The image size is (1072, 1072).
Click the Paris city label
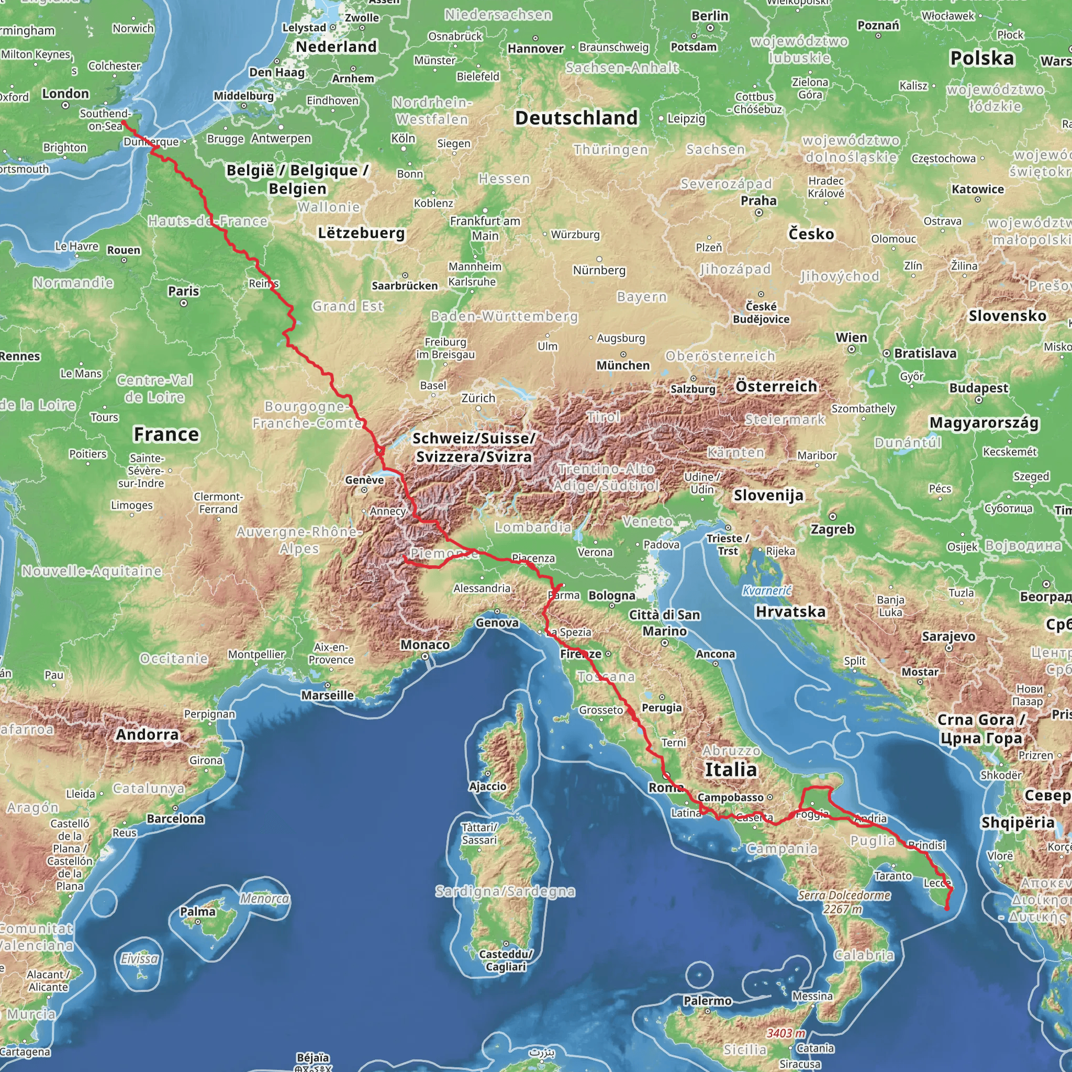click(x=183, y=291)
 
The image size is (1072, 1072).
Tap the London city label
click(x=65, y=93)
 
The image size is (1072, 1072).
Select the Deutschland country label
click(x=576, y=118)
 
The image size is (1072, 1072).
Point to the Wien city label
click(x=851, y=338)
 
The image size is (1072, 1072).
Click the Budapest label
click(x=978, y=388)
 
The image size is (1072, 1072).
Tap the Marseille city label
click(x=327, y=695)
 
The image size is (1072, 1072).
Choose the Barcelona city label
click(x=175, y=819)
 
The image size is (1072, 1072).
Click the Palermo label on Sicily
click(x=708, y=1000)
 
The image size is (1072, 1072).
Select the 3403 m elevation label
click(x=785, y=1033)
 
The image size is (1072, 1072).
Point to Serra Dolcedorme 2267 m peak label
click(x=844, y=902)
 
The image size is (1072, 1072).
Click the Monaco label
click(x=425, y=644)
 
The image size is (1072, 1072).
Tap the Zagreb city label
click(x=832, y=529)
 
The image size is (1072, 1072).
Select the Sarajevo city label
click(x=948, y=636)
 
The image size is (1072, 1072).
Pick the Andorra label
click(x=147, y=734)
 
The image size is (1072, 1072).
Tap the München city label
click(x=622, y=365)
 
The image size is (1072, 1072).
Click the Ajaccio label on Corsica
click(x=487, y=786)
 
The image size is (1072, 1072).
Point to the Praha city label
click(x=758, y=200)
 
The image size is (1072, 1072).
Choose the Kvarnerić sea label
click(x=767, y=590)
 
